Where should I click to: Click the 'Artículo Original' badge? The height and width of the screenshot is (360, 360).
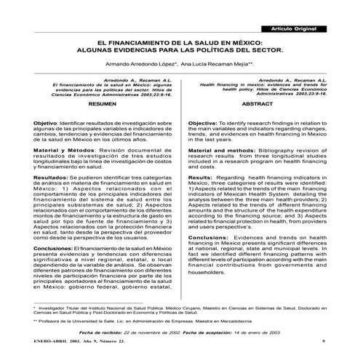pos(294,27)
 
